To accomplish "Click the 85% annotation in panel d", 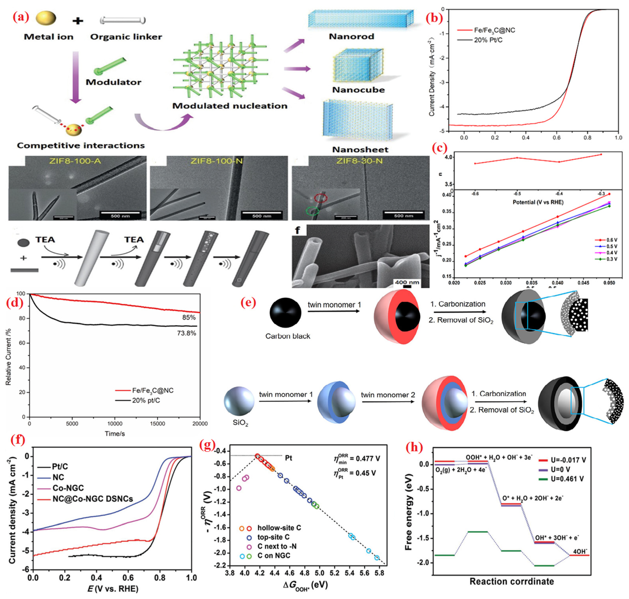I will click(189, 317).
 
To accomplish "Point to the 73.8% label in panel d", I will click(187, 333).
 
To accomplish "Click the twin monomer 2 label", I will click(388, 395).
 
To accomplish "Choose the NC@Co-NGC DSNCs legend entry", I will click(93, 499).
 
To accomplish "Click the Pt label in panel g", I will click(288, 458).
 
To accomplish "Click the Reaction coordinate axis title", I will click(511, 581).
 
